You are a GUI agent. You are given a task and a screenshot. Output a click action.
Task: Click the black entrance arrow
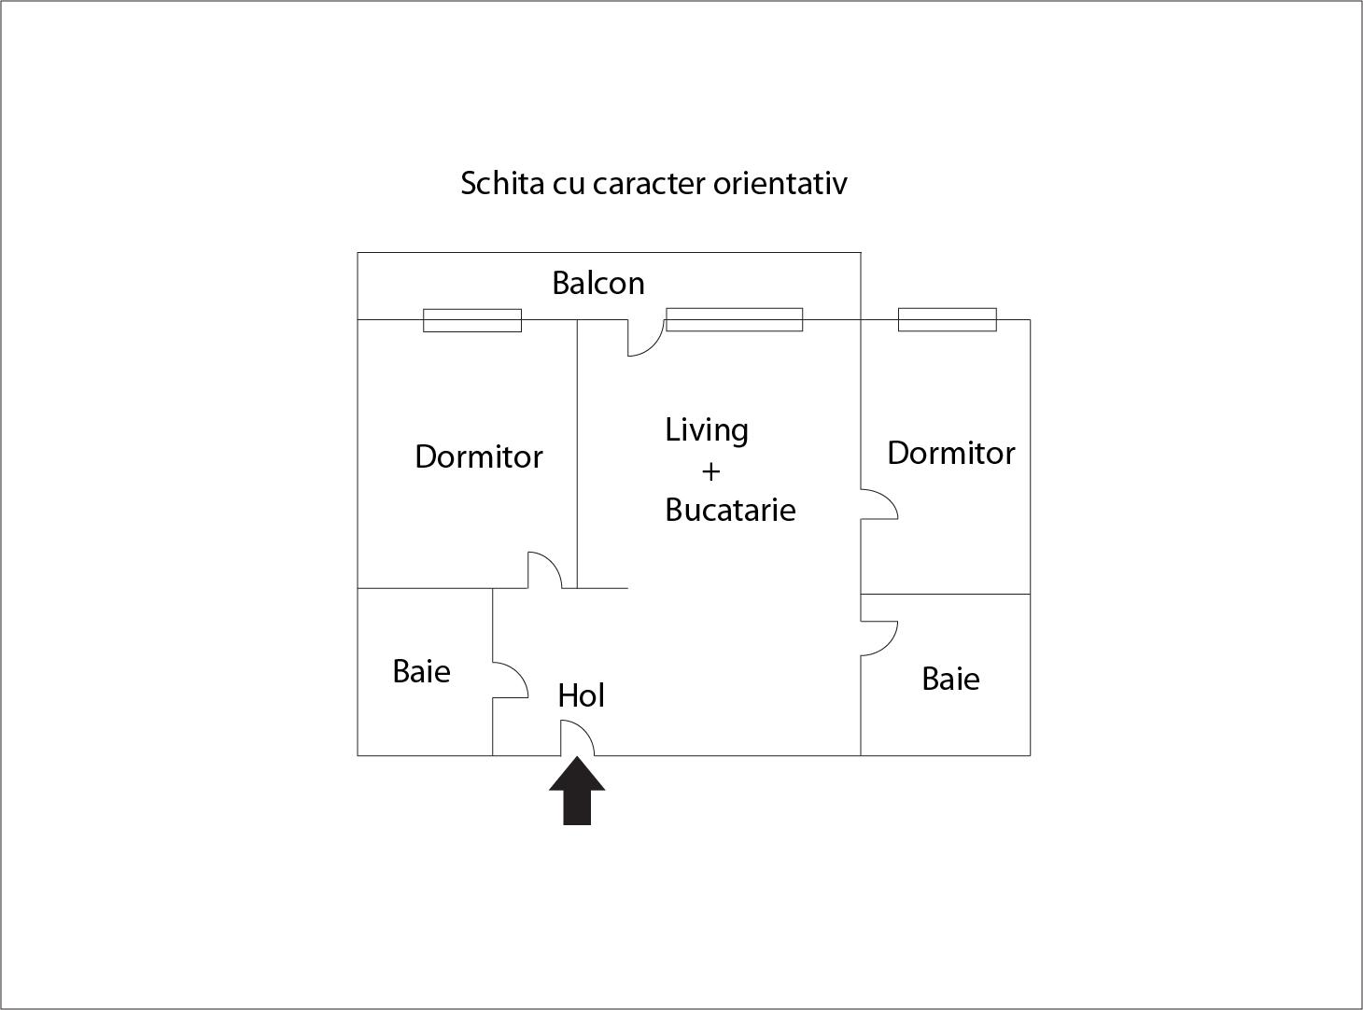pyautogui.click(x=577, y=791)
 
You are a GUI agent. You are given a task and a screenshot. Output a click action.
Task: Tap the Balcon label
pyautogui.click(x=597, y=284)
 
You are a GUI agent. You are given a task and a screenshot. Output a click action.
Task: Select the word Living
pyautogui.click(x=707, y=431)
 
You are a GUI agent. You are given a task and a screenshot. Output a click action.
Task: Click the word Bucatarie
pyautogui.click(x=730, y=510)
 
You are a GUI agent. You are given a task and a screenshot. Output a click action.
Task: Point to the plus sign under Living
pyautogui.click(x=711, y=472)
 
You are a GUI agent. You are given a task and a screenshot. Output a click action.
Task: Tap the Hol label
pyautogui.click(x=582, y=695)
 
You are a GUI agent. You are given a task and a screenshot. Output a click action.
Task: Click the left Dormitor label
pyautogui.click(x=479, y=456)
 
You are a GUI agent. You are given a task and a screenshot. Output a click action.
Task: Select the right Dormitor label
pyautogui.click(x=950, y=453)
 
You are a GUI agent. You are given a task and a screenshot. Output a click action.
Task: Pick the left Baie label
pyautogui.click(x=422, y=671)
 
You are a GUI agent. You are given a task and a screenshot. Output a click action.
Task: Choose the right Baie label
pyautogui.click(x=950, y=680)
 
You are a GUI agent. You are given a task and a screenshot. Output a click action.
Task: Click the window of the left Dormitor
pyautogui.click(x=472, y=320)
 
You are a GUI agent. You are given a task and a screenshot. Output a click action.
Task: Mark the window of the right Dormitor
pyautogui.click(x=947, y=319)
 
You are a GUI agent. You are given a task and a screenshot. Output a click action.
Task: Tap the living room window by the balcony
pyautogui.click(x=735, y=319)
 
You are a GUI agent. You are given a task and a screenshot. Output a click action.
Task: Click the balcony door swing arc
pyautogui.click(x=646, y=338)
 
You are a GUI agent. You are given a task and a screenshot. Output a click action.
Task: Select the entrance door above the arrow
pyautogui.click(x=577, y=737)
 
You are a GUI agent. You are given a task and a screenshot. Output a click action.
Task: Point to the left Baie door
pyautogui.click(x=510, y=680)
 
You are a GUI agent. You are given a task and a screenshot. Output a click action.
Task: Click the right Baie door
pyautogui.click(x=879, y=638)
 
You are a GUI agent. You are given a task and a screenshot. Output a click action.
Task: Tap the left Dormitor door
pyautogui.click(x=544, y=569)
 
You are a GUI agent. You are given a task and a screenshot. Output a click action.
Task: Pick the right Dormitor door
pyautogui.click(x=879, y=504)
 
